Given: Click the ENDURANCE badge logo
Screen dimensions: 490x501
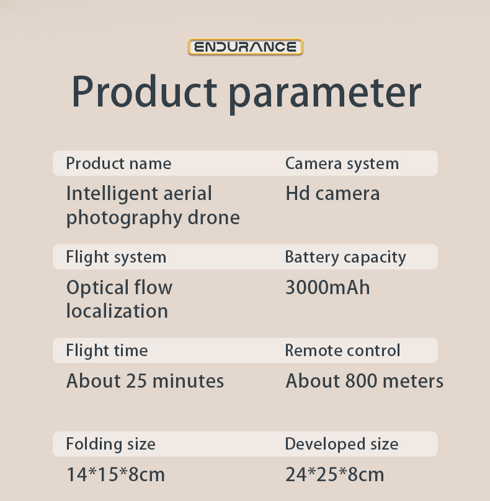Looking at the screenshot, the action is pyautogui.click(x=246, y=47).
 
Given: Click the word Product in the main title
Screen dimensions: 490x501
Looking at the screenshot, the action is pyautogui.click(x=145, y=92).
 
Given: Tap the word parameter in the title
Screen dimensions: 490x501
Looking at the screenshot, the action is pyautogui.click(x=325, y=95).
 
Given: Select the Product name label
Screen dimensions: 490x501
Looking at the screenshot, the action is pyautogui.click(x=118, y=163).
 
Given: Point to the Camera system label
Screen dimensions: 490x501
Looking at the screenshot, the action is pyautogui.click(x=342, y=163).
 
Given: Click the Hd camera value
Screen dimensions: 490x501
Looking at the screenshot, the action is pyautogui.click(x=332, y=193).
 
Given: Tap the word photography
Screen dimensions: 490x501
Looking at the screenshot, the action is pyautogui.click(x=124, y=219).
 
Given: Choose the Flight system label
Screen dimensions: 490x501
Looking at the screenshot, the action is pyautogui.click(x=116, y=257).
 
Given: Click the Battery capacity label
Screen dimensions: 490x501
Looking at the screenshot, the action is pyautogui.click(x=345, y=257).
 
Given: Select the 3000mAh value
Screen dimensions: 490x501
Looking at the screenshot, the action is pyautogui.click(x=327, y=287).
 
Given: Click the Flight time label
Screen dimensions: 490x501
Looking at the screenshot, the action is pyautogui.click(x=107, y=351).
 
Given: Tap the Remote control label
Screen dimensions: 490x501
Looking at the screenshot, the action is pyautogui.click(x=342, y=350).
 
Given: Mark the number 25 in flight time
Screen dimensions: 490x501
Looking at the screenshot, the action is pyautogui.click(x=136, y=381).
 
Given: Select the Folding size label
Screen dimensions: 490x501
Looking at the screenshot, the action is pyautogui.click(x=111, y=444).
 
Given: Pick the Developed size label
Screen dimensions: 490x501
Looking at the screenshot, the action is pyautogui.click(x=342, y=444).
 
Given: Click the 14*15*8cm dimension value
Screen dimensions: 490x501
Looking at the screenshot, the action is pyautogui.click(x=115, y=474).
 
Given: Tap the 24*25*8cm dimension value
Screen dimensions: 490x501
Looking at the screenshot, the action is pyautogui.click(x=334, y=474).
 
